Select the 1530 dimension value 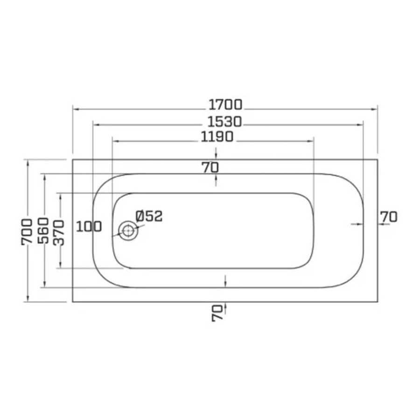(x=225, y=122)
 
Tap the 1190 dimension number (x=217, y=137)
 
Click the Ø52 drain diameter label (x=149, y=216)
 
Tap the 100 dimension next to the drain (x=89, y=227)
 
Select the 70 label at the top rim (x=210, y=167)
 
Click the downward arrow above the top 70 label (x=216, y=156)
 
